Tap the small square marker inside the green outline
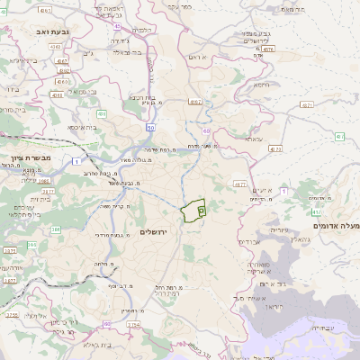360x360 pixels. click(201, 208)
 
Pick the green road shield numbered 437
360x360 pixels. click(340, 136)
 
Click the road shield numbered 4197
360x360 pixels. click(195, 102)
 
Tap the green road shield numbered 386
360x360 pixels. click(32, 244)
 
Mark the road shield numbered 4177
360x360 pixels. click(239, 184)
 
